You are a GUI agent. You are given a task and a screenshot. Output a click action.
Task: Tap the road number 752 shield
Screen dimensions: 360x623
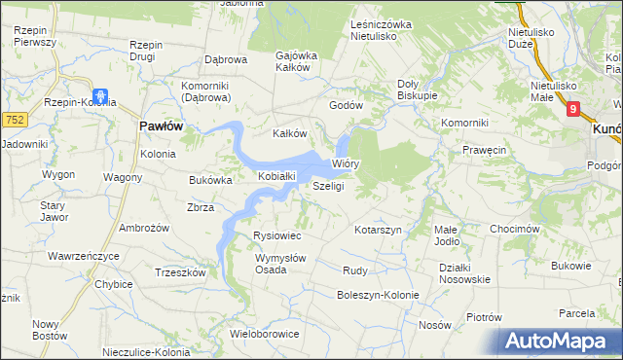click(x=13, y=119)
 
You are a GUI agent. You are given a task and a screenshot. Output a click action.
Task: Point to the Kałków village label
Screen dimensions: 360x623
click(x=289, y=134)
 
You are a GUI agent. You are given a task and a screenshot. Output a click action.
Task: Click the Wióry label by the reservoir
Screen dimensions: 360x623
click(x=347, y=164)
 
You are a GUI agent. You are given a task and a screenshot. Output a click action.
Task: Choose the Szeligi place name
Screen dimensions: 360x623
click(x=328, y=186)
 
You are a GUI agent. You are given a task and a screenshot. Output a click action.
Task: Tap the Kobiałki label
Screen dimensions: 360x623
click(x=276, y=176)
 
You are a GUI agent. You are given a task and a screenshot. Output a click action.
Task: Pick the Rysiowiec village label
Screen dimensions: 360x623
click(x=277, y=236)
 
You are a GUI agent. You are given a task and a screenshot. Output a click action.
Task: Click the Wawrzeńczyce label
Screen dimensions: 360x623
click(x=83, y=256)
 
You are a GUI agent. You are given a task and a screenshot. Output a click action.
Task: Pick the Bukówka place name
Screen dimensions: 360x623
click(x=209, y=180)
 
